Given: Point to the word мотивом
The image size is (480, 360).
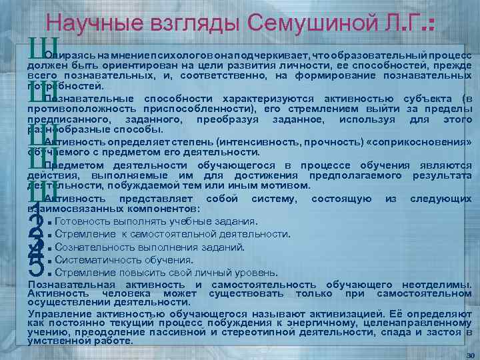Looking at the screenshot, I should coord(283,186).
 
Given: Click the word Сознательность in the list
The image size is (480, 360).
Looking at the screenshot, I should coord(91,247).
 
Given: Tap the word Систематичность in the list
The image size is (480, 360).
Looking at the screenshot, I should coord(96,259).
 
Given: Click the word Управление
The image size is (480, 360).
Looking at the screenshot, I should coord(57,313).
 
